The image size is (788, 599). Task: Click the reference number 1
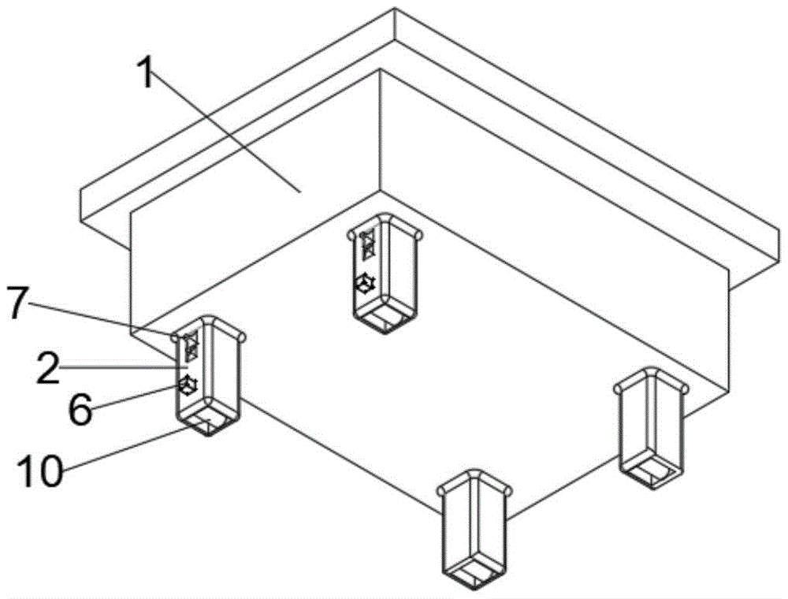145,76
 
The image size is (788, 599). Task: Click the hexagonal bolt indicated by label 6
188,385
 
